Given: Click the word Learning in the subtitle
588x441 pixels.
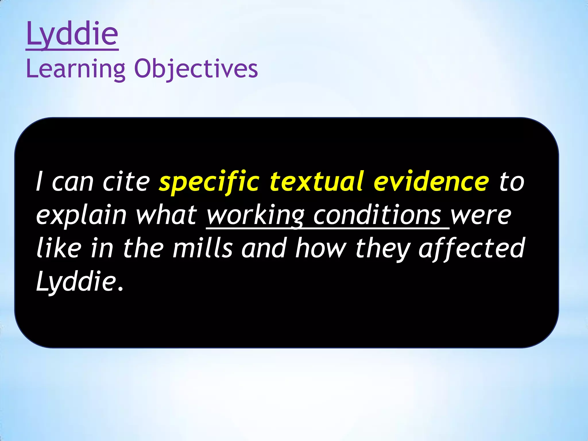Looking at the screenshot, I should pyautogui.click(x=76, y=69).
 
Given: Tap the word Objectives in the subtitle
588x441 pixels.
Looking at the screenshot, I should pyautogui.click(x=196, y=69).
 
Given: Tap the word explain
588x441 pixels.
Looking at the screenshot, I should pyautogui.click(x=81, y=215).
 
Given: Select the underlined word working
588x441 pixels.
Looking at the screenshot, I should pyautogui.click(x=255, y=215).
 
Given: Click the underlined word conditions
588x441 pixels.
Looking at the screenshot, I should pyautogui.click(x=377, y=215).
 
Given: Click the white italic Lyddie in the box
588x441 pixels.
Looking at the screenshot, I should pyautogui.click(x=76, y=281).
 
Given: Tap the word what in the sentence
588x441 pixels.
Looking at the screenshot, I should pyautogui.click(x=166, y=215).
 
